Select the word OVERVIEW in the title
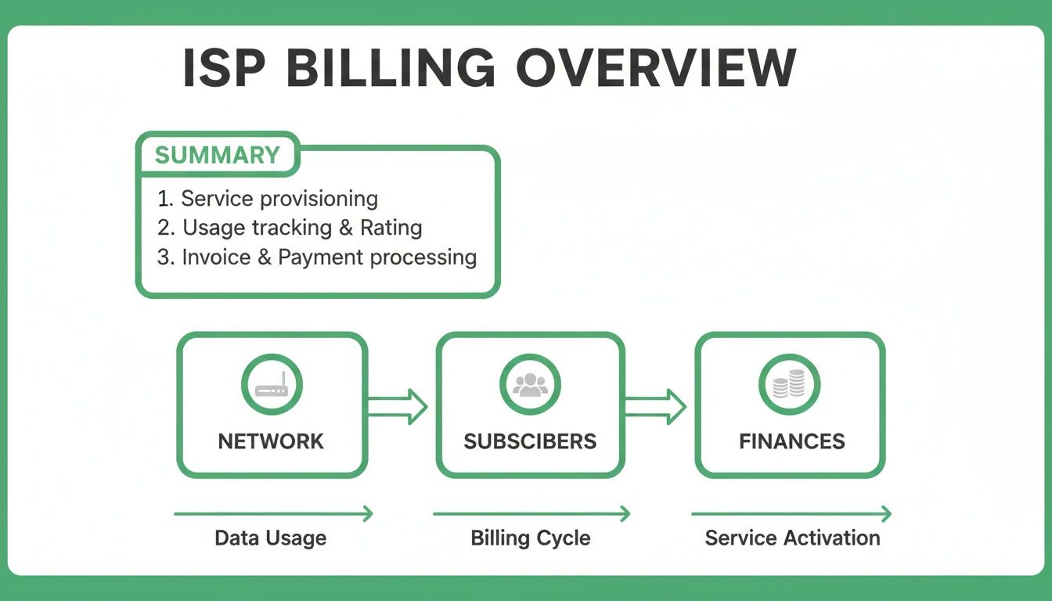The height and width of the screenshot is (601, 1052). [x=656, y=68]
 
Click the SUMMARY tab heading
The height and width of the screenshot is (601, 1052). [x=217, y=154]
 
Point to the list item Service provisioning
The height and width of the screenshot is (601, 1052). [x=268, y=199]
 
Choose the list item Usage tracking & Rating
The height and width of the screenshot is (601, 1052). [x=290, y=228]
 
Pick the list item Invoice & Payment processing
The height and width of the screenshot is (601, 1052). [x=317, y=257]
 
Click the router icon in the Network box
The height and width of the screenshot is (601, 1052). [x=272, y=385]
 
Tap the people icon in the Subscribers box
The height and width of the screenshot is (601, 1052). [x=530, y=385]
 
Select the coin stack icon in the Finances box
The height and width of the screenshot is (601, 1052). [x=789, y=385]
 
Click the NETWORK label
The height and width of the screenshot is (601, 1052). [x=271, y=441]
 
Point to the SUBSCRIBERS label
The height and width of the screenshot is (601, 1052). [x=530, y=441]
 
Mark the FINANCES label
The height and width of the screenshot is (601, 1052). [x=791, y=441]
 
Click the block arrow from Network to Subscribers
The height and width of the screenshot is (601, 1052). [x=398, y=405]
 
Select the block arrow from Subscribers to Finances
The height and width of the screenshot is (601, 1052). [x=656, y=405]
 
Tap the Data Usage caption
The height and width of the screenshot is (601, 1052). [x=271, y=538]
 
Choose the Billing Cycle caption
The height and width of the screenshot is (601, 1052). [x=530, y=538]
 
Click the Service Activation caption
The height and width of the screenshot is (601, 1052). [x=792, y=538]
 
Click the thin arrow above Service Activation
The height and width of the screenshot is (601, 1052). [x=791, y=514]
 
